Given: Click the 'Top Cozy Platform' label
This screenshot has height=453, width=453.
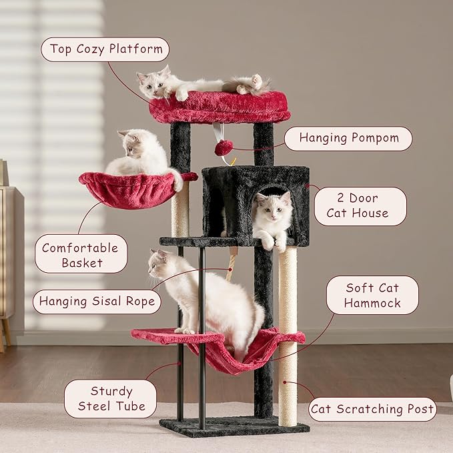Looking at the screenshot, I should pos(105,49).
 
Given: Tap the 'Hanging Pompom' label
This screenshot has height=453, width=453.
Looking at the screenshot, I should pos(348,138).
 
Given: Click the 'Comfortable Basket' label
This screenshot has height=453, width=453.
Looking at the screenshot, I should pos(80,254).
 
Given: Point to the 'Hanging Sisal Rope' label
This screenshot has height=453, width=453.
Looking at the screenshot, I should pos(97,301).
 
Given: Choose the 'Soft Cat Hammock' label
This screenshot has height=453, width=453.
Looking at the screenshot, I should pos(372,295).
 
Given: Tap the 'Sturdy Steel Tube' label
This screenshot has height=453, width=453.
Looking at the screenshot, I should pos(110,398).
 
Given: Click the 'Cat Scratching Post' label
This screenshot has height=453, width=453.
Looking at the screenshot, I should pos(372,409).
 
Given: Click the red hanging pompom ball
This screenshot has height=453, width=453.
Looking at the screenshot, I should pos(223,147).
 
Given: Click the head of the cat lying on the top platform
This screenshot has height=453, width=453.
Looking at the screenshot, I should pos(151,83).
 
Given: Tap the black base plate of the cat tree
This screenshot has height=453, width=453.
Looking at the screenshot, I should pos(234,426).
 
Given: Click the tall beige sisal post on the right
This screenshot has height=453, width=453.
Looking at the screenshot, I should pos(288,334).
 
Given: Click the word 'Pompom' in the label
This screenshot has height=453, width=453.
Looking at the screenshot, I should pos(376,138).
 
